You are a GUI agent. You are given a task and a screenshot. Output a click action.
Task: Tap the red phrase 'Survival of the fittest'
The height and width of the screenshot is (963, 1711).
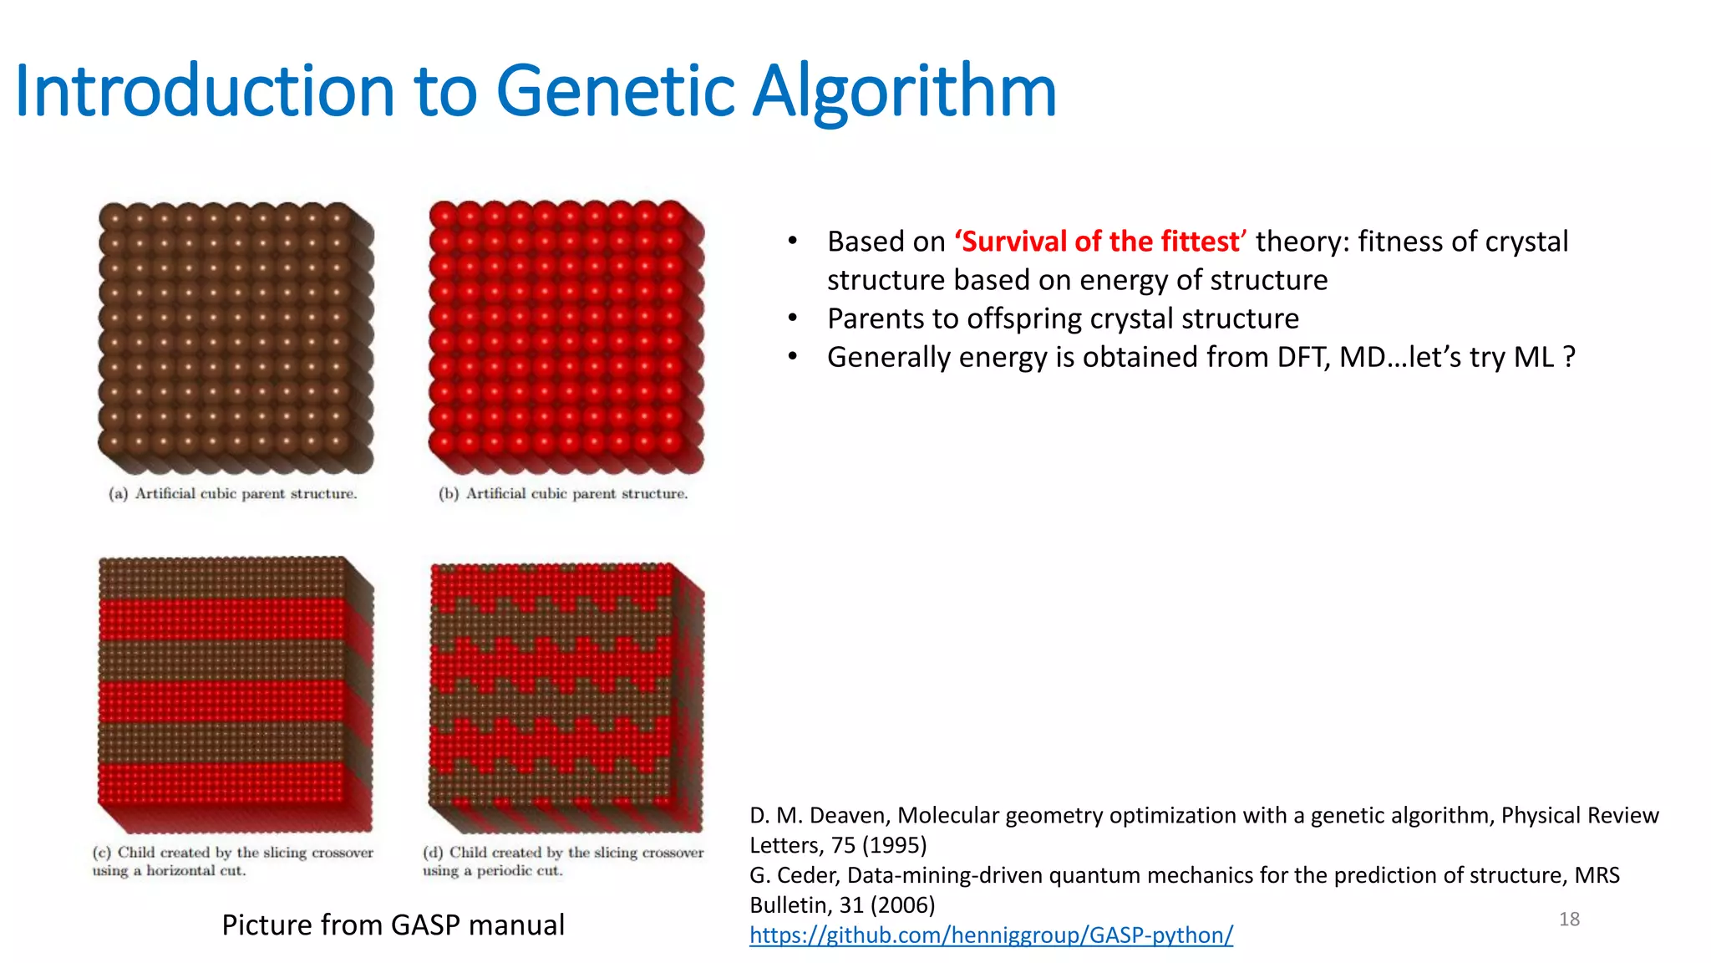1100,242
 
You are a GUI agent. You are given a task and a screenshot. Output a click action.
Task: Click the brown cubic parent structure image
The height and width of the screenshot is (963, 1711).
235,337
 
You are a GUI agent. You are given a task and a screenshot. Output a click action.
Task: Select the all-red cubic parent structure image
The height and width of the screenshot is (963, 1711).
566,337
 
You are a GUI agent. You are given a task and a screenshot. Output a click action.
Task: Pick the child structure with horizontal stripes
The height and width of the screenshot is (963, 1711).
235,694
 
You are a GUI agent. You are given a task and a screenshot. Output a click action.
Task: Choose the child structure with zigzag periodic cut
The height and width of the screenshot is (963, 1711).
566,695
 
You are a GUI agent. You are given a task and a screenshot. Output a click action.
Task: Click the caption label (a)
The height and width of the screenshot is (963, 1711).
118,494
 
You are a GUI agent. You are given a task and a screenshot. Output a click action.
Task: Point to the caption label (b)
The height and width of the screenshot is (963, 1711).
449,494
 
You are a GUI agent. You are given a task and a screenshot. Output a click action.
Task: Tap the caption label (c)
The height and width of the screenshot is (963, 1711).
101,853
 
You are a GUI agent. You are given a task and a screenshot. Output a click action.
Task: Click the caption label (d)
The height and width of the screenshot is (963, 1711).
433,853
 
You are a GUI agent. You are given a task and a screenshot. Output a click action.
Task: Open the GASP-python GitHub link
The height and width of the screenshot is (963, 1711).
991,935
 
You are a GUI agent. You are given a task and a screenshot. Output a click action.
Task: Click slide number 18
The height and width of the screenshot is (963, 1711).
1569,920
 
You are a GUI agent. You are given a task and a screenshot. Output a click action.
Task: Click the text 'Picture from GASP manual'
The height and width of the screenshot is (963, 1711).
393,925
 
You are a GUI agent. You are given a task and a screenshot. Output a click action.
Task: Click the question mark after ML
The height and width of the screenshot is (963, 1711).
1569,358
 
